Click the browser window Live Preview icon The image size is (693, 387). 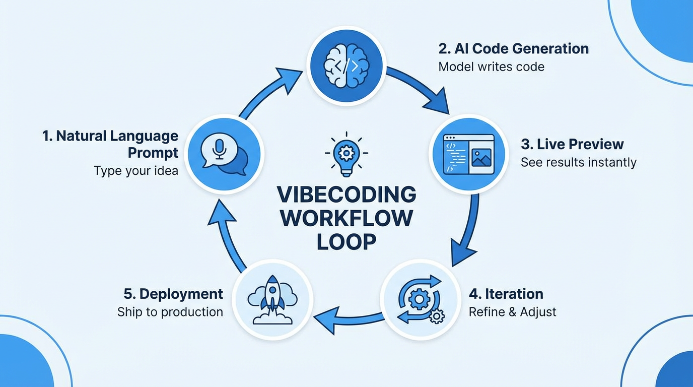click(x=468, y=154)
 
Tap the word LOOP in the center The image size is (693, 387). click(x=346, y=242)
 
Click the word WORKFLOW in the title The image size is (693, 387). click(x=346, y=218)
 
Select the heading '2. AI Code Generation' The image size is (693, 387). click(x=513, y=49)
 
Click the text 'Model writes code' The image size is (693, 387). click(x=491, y=67)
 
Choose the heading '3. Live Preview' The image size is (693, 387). click(x=572, y=144)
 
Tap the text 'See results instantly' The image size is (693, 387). click(x=578, y=162)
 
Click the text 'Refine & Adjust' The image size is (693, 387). click(x=512, y=312)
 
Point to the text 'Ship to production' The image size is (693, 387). click(x=170, y=312)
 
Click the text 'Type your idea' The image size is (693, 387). click(x=136, y=171)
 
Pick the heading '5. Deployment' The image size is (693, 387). click(x=173, y=294)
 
